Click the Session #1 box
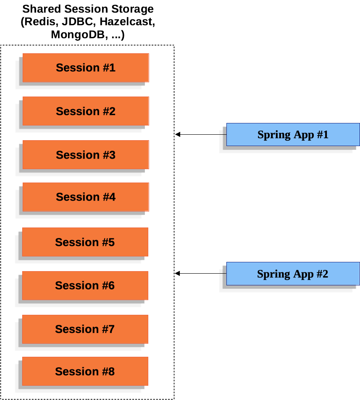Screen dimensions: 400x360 85,68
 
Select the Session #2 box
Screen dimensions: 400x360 85,111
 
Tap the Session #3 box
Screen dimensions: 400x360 85,155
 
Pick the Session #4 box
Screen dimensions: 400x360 85,197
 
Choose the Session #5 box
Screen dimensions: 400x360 85,242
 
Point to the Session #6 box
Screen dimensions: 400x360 85,285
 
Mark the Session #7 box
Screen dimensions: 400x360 85,329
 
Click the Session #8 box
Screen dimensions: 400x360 85,371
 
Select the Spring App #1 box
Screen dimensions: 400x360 293,135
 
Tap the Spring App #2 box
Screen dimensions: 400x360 292,274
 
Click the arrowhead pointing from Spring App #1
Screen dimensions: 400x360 178,134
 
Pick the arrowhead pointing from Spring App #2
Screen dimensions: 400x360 178,273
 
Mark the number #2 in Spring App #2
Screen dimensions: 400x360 322,274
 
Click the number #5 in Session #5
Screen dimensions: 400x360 108,242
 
